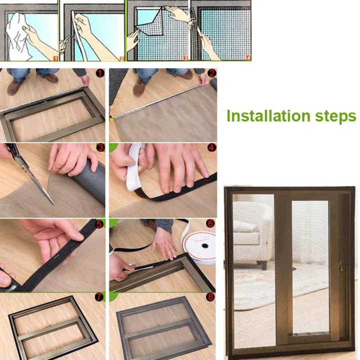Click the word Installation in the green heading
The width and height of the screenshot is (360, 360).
[267, 116]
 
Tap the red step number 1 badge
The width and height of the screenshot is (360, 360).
[100, 73]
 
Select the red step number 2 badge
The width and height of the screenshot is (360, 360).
[211, 73]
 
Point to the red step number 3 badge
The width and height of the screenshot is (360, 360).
[100, 148]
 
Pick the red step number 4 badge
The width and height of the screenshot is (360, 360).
[211, 148]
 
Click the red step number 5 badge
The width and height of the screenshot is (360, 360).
[100, 223]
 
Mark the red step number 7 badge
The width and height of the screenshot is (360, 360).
[100, 298]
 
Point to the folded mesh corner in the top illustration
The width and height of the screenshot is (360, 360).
[150, 22]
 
